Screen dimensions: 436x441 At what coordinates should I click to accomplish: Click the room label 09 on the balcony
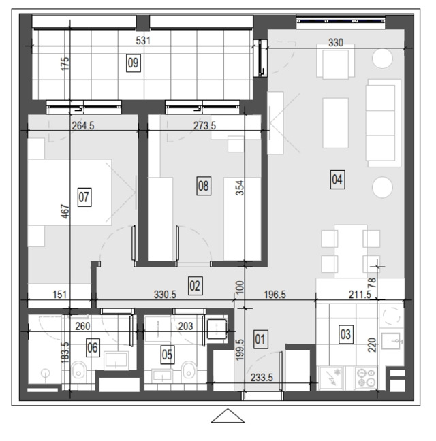[x=133, y=63]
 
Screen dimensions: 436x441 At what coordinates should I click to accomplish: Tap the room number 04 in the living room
[x=337, y=180]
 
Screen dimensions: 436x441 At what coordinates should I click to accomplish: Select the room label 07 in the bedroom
[x=84, y=197]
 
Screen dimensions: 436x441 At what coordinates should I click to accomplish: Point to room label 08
[x=204, y=186]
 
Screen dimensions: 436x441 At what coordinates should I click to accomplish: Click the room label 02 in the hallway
[x=195, y=286]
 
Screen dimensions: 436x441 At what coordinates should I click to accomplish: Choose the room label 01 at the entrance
[x=260, y=340]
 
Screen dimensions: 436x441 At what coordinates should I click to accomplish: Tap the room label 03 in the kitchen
[x=345, y=335]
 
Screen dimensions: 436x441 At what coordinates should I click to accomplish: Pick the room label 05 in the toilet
[x=167, y=355]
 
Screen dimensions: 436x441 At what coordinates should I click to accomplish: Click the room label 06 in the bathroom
[x=93, y=348]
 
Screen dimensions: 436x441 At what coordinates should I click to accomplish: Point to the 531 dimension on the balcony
[x=143, y=41]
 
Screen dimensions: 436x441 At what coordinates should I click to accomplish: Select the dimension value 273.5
[x=204, y=125]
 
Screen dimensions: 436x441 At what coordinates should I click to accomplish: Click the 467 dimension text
[x=65, y=212]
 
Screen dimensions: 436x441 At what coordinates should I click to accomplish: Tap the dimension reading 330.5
[x=165, y=295]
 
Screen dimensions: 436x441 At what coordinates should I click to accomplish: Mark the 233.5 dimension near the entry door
[x=262, y=378]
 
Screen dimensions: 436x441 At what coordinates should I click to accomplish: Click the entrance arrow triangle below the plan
[x=228, y=416]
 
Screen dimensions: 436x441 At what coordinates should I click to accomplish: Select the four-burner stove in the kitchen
[x=367, y=378]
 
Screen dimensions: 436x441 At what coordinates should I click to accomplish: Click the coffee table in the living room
[x=335, y=123]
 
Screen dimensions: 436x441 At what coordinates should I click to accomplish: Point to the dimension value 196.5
[x=275, y=295]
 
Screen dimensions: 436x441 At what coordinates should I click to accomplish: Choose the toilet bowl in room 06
[x=80, y=370]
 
